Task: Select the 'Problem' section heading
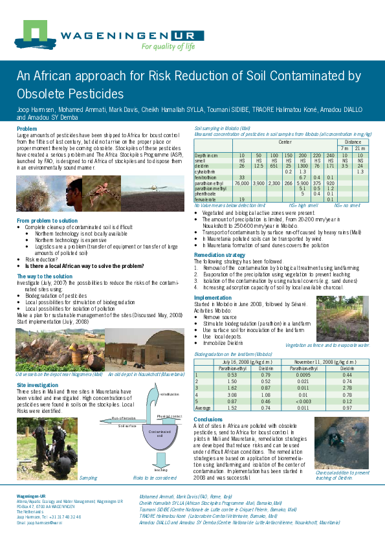point(27,129)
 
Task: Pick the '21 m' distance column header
point(360,148)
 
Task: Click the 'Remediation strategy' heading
point(219,255)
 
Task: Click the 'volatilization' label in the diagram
point(169,394)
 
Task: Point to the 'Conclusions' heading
point(207,419)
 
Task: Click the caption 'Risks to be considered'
point(155,478)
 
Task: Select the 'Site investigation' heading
point(37,384)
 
